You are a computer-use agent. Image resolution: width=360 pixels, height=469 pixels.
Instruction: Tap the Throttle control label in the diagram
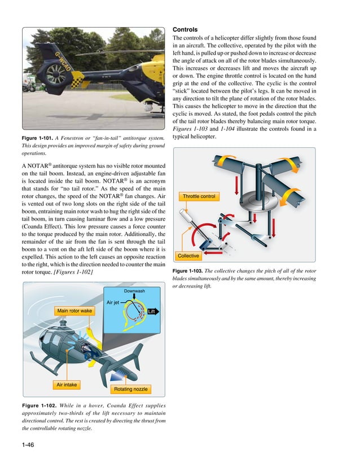click(x=199, y=196)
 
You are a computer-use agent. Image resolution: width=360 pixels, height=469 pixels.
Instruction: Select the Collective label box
click(x=188, y=256)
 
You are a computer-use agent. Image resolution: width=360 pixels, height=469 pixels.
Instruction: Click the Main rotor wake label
click(x=74, y=311)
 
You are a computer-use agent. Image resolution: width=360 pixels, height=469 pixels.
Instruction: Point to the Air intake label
click(x=67, y=385)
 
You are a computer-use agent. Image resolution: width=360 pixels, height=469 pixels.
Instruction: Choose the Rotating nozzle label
click(x=131, y=389)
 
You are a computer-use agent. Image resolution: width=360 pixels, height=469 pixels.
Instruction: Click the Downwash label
click(x=134, y=291)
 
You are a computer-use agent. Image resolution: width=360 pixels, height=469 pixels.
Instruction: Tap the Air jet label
click(x=113, y=303)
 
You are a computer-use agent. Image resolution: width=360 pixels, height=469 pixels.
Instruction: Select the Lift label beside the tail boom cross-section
click(x=151, y=312)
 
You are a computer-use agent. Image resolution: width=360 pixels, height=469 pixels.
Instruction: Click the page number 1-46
click(x=28, y=445)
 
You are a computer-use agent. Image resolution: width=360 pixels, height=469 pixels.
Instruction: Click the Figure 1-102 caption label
click(x=38, y=405)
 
